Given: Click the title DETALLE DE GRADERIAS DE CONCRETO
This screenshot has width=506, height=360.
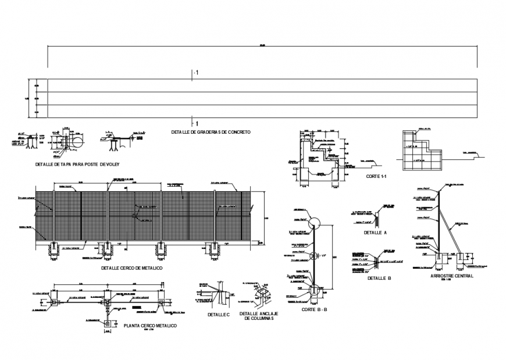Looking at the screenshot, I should (211, 132).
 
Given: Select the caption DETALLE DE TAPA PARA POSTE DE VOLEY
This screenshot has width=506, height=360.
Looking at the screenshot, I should (77, 165).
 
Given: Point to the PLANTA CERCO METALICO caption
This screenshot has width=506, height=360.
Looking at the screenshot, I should (150, 326).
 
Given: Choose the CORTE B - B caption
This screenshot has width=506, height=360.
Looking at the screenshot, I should (314, 309).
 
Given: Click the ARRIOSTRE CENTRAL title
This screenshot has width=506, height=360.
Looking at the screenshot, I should (452, 276).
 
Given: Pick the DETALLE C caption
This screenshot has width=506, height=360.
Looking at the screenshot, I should (219, 314).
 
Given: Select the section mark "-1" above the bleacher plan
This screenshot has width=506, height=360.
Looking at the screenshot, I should (195, 73).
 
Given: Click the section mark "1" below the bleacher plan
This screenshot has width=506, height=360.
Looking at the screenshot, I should (196, 124).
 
